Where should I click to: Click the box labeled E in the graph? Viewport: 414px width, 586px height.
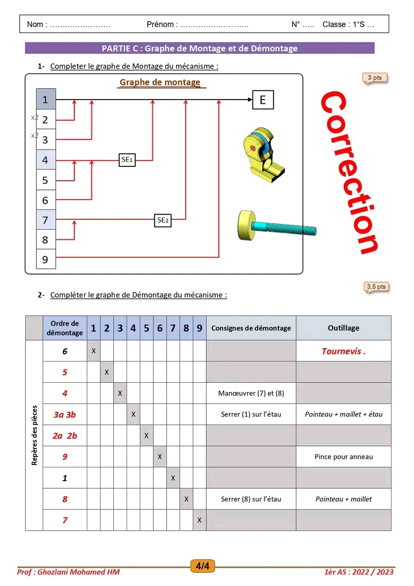[263, 100]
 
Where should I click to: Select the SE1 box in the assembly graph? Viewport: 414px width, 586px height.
[127, 159]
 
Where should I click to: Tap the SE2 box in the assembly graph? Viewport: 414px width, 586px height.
[163, 220]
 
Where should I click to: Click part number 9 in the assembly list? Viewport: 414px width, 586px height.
[45, 260]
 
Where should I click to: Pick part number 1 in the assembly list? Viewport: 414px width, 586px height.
[45, 100]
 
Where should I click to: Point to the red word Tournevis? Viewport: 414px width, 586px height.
[343, 351]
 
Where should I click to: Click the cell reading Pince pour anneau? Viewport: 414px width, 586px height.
[343, 456]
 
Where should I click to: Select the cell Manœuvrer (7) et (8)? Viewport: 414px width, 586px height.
[251, 394]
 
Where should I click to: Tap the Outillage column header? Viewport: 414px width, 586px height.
[343, 328]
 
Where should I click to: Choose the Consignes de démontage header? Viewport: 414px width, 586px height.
[251, 328]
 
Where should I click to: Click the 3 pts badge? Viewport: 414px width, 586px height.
[374, 77]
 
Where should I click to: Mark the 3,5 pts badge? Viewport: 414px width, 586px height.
[376, 286]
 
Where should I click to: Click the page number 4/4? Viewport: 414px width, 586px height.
[202, 566]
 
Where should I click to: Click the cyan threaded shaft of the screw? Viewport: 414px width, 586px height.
[287, 229]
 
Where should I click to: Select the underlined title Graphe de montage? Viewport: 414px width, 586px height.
[160, 82]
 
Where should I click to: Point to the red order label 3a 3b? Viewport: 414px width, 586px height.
[64, 414]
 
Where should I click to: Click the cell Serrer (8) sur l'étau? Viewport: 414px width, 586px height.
[251, 499]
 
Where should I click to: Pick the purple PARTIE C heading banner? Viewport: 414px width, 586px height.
[200, 48]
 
